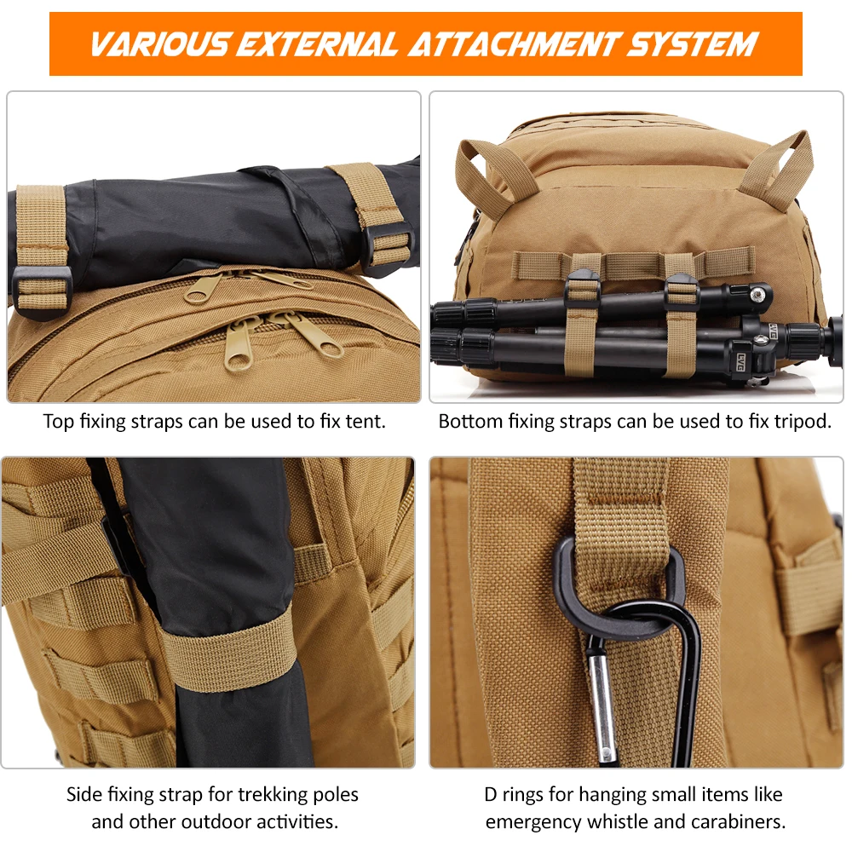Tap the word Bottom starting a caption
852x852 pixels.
pyautogui.click(x=469, y=422)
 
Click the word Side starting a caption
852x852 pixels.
pyautogui.click(x=84, y=795)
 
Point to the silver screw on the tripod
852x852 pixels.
pyautogui.click(x=756, y=294)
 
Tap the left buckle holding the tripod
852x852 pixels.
pyautogui.click(x=583, y=285)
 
